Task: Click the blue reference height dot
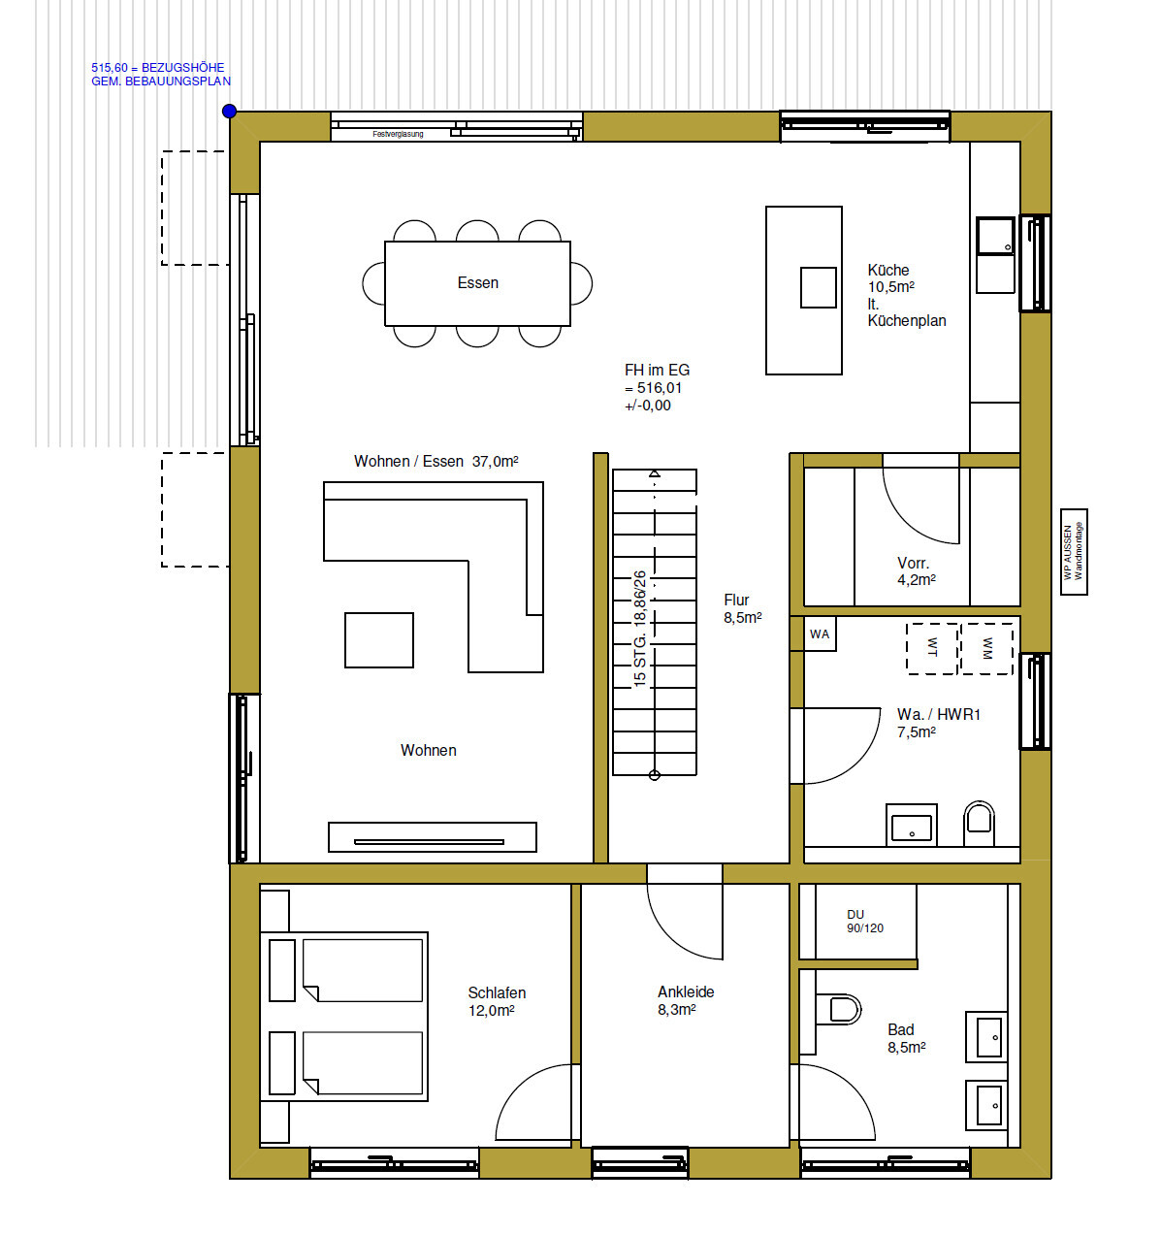(230, 112)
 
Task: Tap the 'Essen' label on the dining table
(477, 283)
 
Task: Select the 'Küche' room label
(888, 271)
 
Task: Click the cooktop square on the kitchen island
(818, 287)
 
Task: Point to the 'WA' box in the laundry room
(820, 634)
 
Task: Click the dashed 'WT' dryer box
(932, 648)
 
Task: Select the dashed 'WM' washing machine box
(986, 648)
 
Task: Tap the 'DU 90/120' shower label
(864, 922)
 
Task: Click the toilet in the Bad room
(839, 1010)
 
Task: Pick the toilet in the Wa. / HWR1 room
(979, 823)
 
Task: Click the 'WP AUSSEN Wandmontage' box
(1074, 552)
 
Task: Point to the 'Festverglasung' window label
(398, 134)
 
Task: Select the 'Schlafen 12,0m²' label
(497, 1001)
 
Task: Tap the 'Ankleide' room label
(686, 992)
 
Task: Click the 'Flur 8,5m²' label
(742, 608)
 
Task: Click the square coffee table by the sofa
(379, 640)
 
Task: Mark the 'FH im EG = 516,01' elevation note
(657, 387)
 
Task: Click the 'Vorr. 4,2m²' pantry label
(915, 571)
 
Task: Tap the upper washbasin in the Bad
(988, 1037)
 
